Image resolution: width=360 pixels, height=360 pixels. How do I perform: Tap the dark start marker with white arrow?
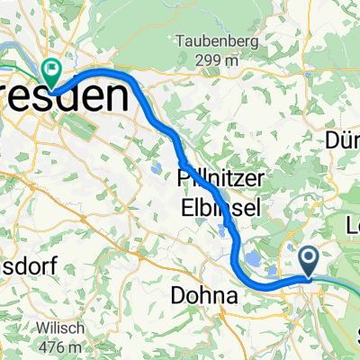[309, 263]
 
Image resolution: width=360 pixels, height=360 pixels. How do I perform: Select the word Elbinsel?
[220, 207]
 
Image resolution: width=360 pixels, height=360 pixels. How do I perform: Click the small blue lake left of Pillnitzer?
[158, 167]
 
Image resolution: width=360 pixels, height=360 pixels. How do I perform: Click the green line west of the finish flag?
[18, 67]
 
